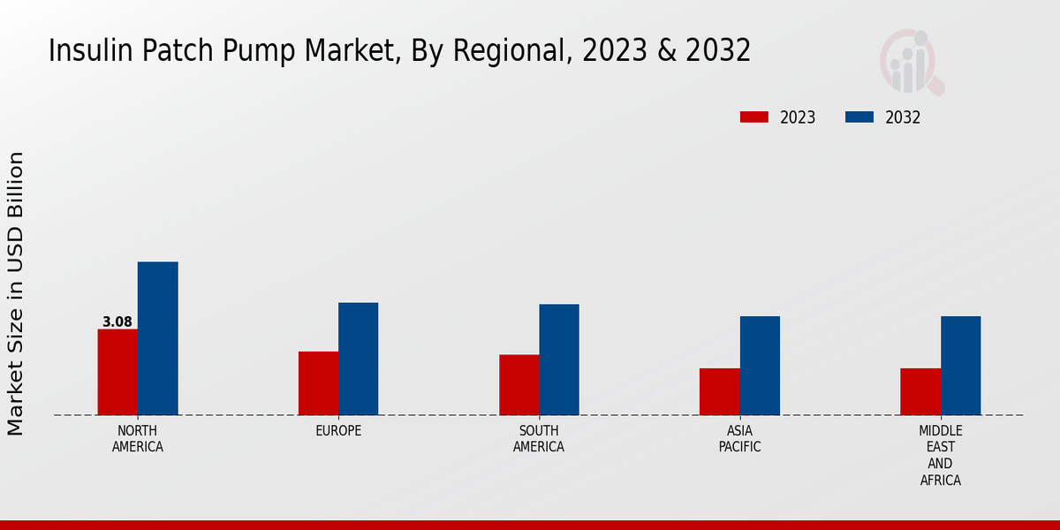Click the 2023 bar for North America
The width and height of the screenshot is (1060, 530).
tap(117, 372)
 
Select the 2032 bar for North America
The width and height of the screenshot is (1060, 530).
tap(157, 338)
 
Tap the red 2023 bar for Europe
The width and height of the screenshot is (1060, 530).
tap(318, 383)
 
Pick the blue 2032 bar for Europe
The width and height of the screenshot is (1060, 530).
tap(358, 359)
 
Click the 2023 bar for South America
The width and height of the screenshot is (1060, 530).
tap(519, 385)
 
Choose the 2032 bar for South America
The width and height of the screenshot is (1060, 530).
tap(559, 360)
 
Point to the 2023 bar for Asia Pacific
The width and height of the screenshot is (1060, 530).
tap(719, 391)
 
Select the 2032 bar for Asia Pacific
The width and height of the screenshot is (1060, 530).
tap(760, 366)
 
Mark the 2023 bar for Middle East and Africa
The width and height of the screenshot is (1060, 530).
tap(920, 391)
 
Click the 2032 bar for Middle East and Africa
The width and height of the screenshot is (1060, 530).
tap(960, 366)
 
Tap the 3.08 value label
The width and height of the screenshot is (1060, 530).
tap(117, 322)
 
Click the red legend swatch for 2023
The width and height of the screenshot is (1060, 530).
tap(754, 117)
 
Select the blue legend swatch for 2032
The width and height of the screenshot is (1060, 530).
tap(859, 117)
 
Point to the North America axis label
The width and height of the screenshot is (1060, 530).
tap(138, 439)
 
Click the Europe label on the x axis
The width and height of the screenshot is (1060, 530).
tap(338, 431)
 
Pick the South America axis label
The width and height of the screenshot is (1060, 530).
tap(539, 439)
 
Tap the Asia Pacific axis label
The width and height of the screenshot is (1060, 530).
tap(739, 439)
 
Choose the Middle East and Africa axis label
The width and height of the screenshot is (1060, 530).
tap(940, 456)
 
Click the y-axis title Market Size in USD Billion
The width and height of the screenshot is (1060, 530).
tap(16, 293)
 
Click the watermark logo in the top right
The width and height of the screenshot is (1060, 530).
tap(911, 62)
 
